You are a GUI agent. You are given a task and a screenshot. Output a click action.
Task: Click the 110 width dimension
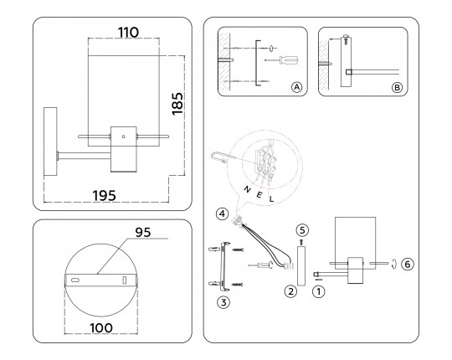128,33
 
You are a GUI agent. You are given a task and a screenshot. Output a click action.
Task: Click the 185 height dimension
177,104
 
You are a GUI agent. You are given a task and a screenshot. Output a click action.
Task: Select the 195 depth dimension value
105,196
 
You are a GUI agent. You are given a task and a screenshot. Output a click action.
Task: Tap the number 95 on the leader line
143,232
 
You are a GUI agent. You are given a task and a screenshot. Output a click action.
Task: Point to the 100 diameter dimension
101,328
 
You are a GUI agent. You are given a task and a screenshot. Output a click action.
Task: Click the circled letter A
296,87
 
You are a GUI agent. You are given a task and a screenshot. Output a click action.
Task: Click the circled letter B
397,87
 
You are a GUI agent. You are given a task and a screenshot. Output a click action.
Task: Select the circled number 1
319,291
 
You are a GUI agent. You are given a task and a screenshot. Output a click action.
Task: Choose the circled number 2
290,291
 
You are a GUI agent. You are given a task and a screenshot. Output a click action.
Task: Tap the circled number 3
223,302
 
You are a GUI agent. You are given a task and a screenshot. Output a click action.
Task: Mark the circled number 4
223,213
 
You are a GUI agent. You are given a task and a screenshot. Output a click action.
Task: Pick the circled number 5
302,230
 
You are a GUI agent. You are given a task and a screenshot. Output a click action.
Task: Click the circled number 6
408,264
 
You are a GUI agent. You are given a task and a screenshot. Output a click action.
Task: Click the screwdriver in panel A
281,60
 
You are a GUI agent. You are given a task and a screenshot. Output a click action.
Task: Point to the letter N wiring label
247,189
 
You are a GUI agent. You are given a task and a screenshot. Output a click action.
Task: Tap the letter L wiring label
271,198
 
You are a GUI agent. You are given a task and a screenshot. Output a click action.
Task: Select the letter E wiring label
259,195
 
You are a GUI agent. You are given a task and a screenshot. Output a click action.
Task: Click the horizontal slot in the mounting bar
75,280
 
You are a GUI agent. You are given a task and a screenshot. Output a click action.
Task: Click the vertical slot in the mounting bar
125,280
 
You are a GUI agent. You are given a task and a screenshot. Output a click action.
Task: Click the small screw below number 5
301,242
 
